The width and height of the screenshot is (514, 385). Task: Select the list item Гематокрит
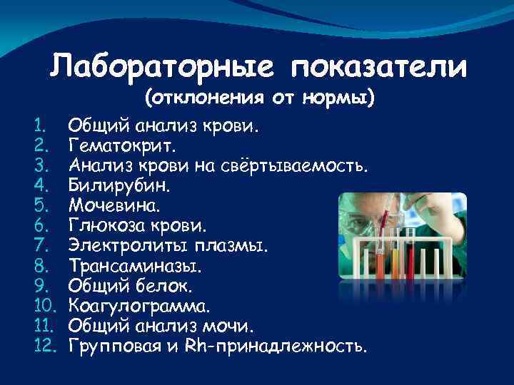[x=121, y=146]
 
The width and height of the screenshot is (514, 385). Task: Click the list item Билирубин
[x=117, y=186]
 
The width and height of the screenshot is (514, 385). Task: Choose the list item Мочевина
[x=115, y=206]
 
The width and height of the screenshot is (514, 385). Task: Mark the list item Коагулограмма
[x=139, y=307]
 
